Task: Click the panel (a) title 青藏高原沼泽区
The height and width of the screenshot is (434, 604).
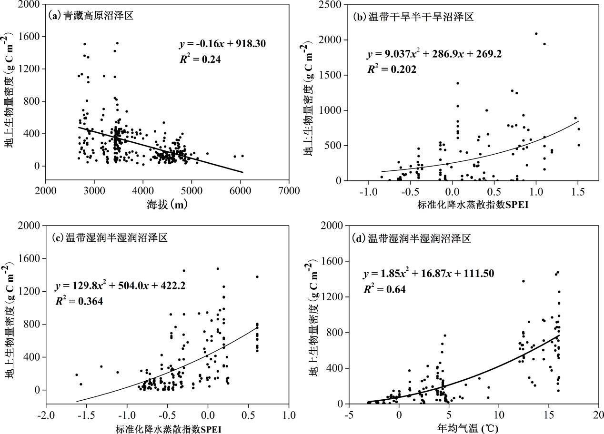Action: [91, 16]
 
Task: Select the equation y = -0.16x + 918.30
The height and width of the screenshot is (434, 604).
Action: [221, 44]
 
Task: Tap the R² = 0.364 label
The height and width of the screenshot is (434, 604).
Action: [80, 301]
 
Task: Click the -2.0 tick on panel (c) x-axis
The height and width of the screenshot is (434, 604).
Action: [46, 414]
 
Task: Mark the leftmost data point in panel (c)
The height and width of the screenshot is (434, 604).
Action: [77, 375]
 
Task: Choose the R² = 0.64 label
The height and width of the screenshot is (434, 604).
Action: [384, 289]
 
